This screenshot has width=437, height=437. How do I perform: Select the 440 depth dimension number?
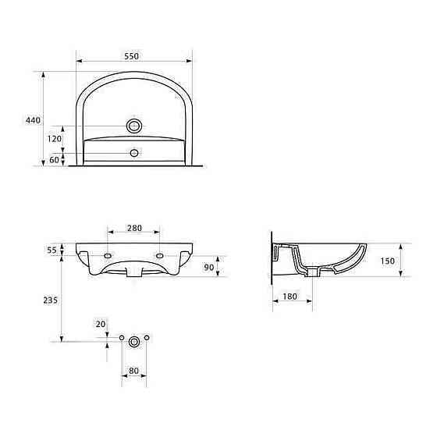(x=32, y=120)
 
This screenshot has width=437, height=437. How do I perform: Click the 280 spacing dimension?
(x=133, y=228)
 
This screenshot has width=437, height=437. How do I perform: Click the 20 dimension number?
(x=99, y=324)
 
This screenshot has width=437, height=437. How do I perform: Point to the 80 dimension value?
(x=133, y=370)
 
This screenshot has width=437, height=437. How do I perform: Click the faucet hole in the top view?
(x=134, y=125)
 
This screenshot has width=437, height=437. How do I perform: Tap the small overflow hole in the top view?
(x=134, y=153)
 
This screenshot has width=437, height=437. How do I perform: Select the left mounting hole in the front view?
(x=107, y=255)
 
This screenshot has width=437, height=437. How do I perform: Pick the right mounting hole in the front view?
(x=160, y=255)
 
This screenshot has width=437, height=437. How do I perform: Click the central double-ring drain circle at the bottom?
(x=134, y=340)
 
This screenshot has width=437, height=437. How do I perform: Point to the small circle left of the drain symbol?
(x=121, y=337)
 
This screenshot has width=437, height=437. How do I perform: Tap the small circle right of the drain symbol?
(x=147, y=337)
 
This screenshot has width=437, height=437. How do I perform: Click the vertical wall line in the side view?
(x=271, y=258)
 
